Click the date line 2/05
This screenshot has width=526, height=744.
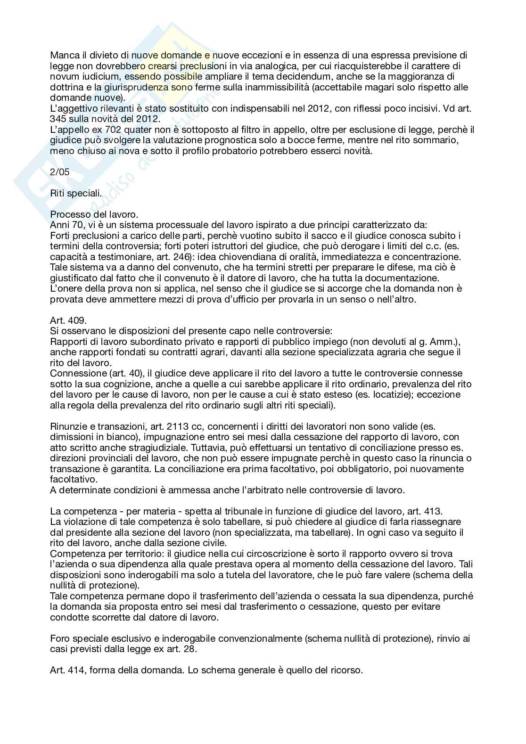pos(59,172)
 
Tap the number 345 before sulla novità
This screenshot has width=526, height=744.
pos(59,119)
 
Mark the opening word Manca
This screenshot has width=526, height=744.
pos(63,55)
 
